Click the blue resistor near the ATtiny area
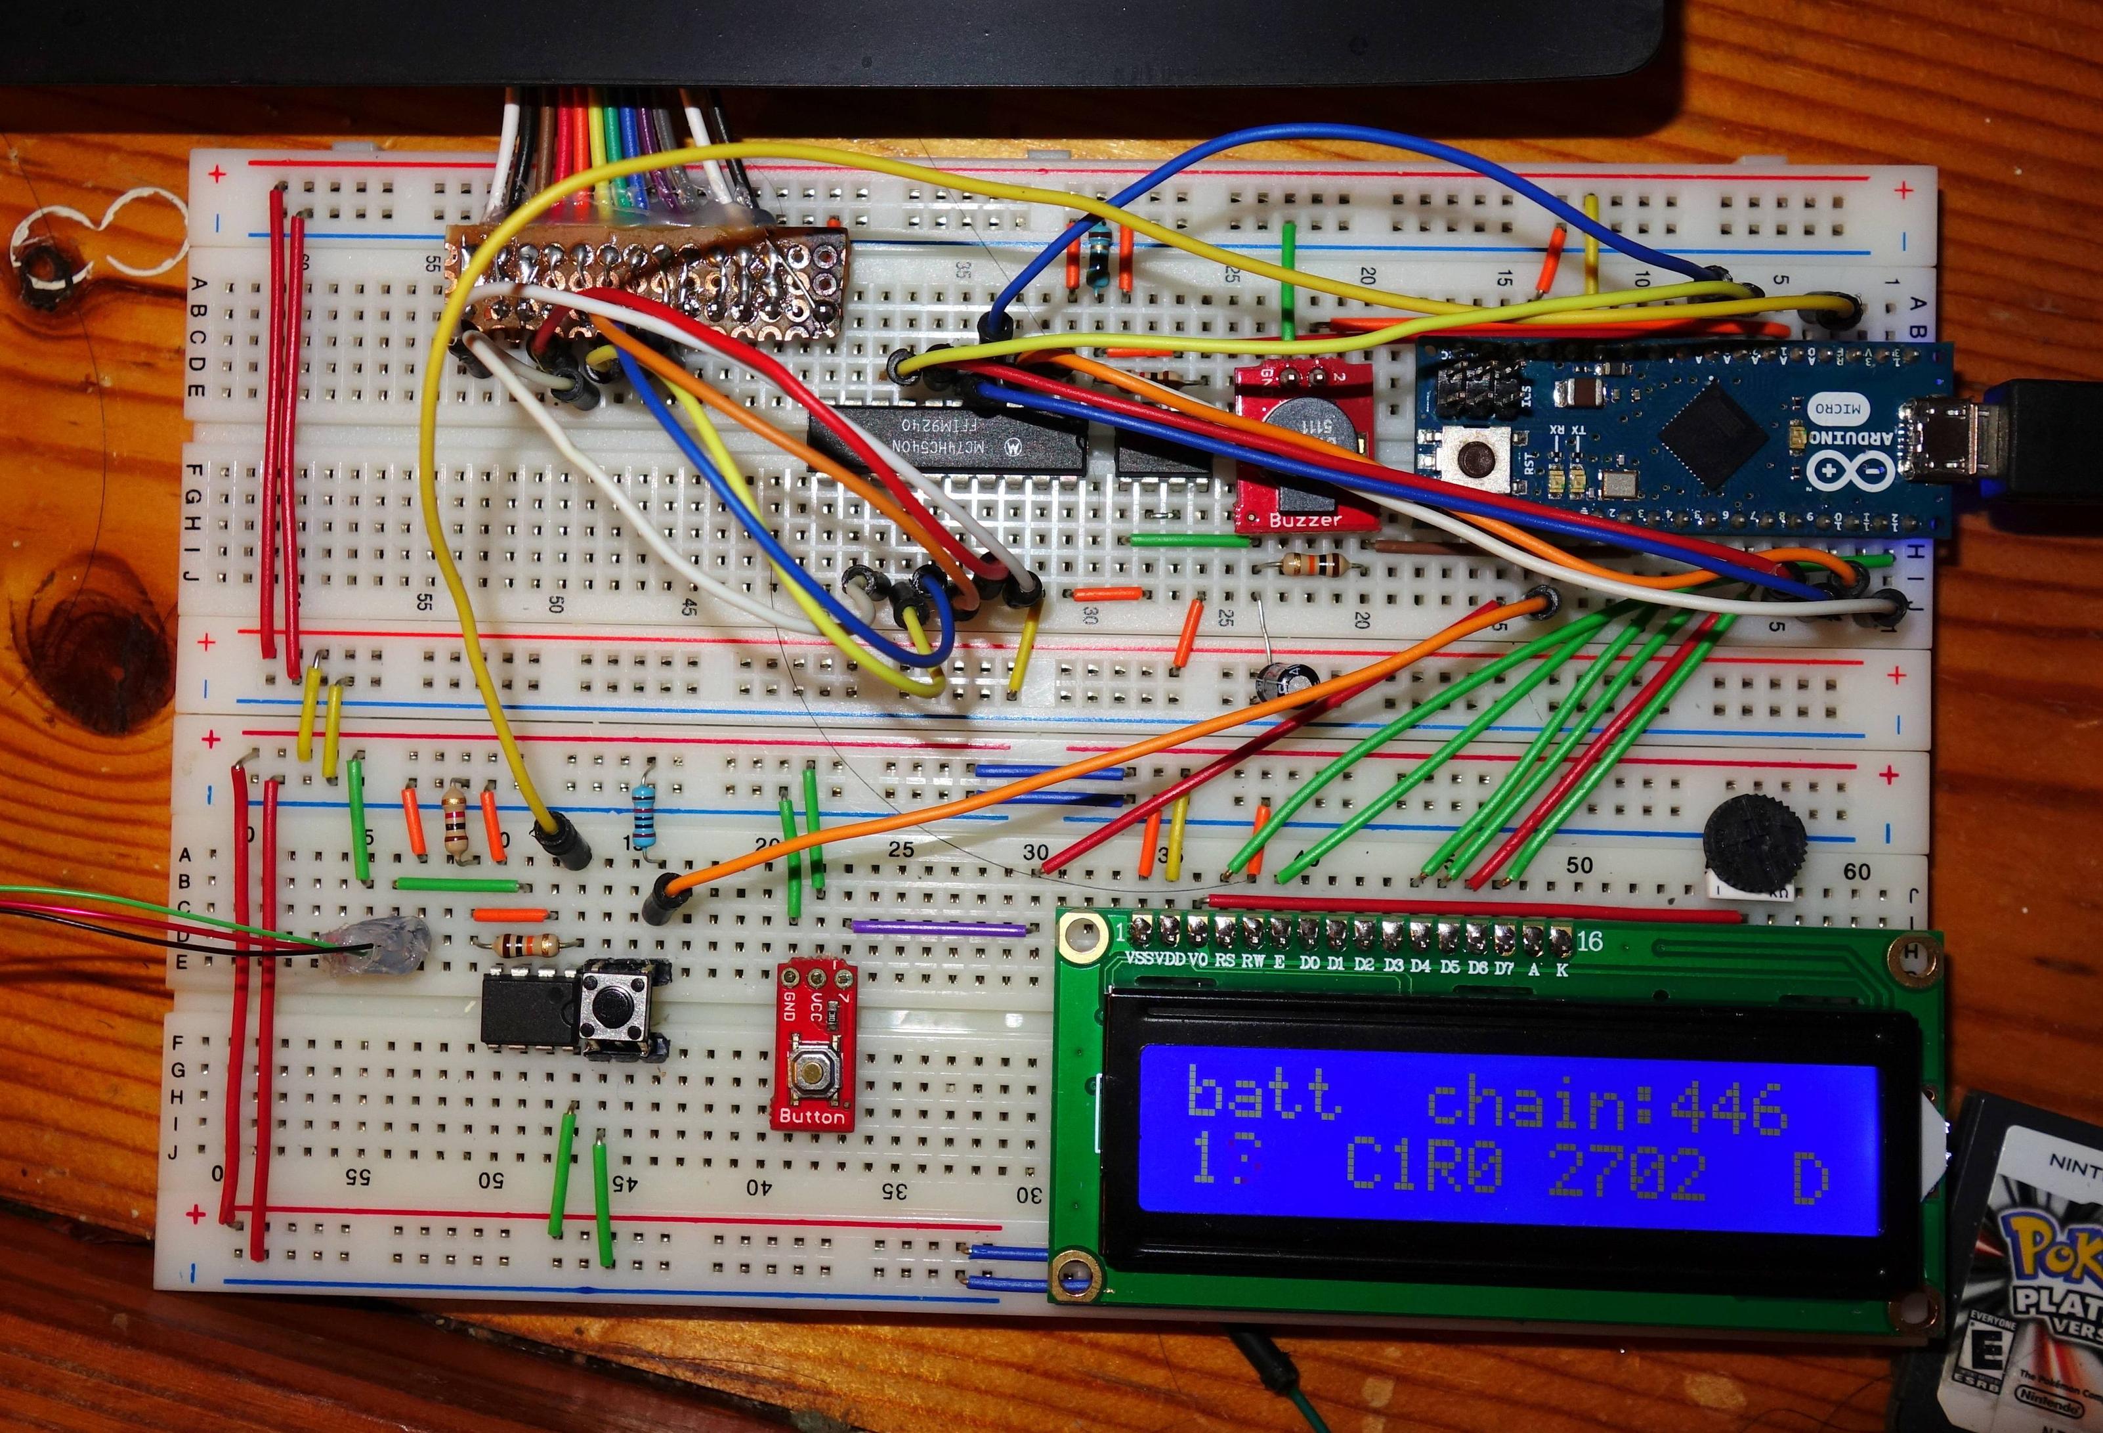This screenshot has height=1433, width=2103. [645, 816]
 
